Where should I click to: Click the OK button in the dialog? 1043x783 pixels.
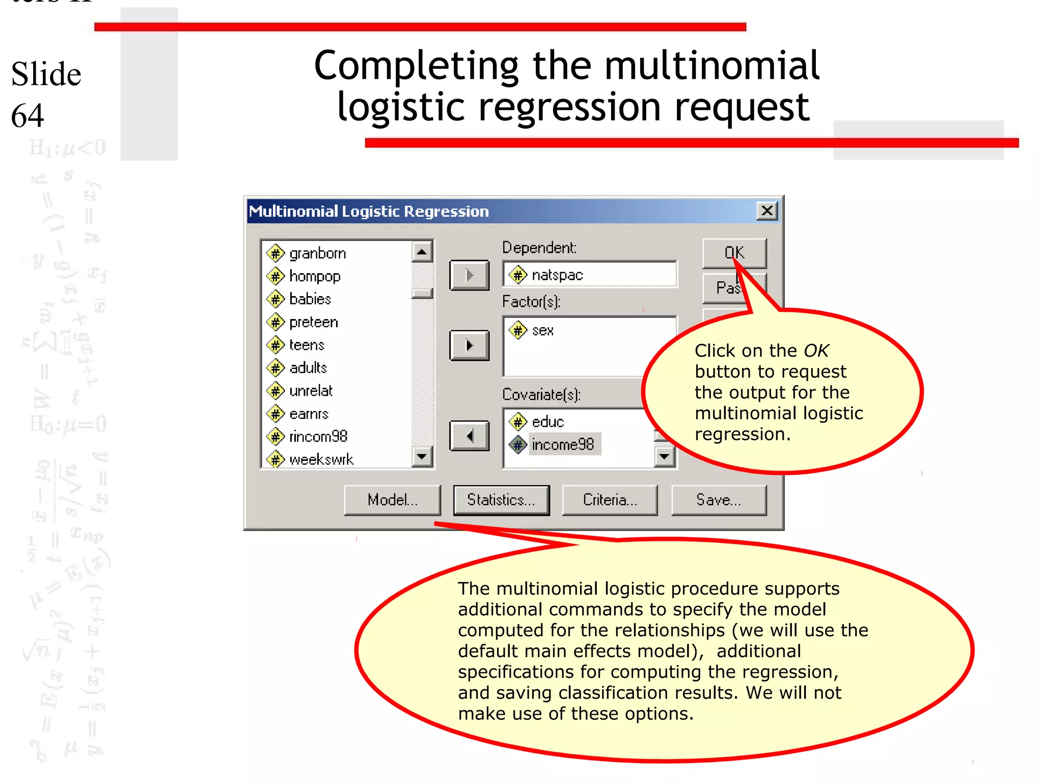(734, 252)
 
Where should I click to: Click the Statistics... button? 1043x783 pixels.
(501, 500)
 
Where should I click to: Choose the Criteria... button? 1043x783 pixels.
(610, 500)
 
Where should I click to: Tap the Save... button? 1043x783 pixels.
(719, 500)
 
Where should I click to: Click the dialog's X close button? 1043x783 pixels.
(767, 211)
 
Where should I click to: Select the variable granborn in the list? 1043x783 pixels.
(317, 253)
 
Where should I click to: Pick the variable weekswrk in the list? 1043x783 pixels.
(321, 460)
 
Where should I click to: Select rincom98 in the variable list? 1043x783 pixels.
(318, 437)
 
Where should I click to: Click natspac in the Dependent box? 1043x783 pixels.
(557, 275)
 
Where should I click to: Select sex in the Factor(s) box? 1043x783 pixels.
(542, 331)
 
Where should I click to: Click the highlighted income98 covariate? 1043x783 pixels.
(563, 445)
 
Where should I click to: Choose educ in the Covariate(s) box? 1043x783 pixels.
(548, 422)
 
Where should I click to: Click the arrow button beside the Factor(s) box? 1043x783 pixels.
(469, 346)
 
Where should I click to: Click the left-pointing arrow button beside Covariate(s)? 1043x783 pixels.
(469, 436)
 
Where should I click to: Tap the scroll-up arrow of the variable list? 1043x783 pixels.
(422, 252)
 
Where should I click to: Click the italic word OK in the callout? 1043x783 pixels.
(816, 351)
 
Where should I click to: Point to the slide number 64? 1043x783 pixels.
(28, 115)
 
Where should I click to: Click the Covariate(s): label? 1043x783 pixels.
(541, 395)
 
